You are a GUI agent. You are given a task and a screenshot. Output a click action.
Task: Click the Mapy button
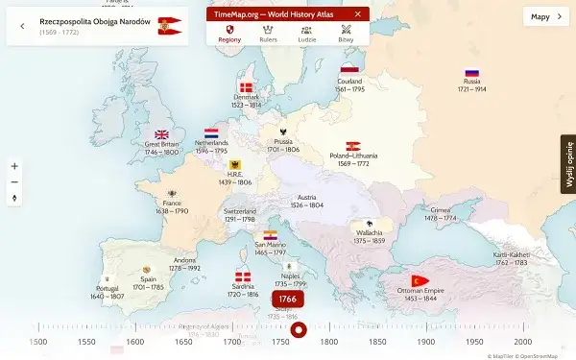tap(543, 16)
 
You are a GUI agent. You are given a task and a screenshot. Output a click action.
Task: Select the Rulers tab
tap(268, 35)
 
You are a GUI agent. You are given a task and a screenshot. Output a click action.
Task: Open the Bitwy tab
tap(345, 35)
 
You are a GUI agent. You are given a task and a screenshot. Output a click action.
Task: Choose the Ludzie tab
tap(306, 35)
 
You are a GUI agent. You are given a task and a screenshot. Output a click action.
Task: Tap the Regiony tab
tap(229, 35)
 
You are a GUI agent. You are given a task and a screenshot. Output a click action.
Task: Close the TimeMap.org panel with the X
tap(358, 14)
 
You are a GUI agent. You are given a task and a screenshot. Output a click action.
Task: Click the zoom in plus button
tap(14, 166)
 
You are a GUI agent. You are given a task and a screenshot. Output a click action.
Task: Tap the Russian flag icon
tap(471, 72)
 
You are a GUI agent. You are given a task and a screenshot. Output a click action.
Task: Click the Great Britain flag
tap(162, 135)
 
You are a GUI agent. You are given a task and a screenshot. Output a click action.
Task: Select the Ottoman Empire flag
tap(419, 280)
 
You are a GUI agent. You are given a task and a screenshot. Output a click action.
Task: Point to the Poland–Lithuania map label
tap(353, 159)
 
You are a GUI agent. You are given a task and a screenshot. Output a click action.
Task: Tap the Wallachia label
tap(371, 236)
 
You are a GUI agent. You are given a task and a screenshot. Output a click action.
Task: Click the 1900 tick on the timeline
tap(426, 342)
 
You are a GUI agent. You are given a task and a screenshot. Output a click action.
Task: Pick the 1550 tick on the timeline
tap(86, 342)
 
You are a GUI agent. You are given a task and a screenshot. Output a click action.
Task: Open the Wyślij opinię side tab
tap(567, 164)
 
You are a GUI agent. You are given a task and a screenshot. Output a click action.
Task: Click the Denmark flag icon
tap(246, 88)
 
